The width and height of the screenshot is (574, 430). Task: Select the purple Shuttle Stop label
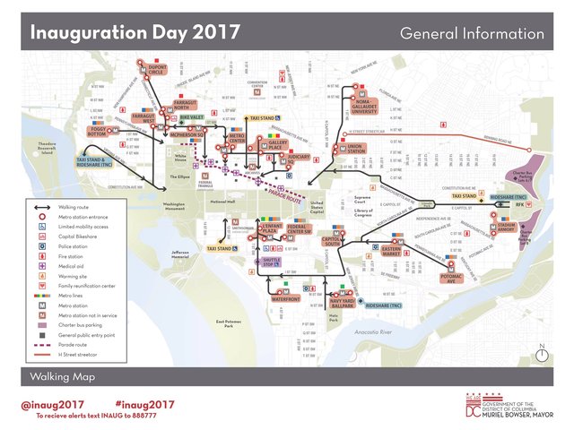[x=271, y=262]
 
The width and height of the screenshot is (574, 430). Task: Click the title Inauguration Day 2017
[x=135, y=33]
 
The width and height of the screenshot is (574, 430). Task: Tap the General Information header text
[x=472, y=34]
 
